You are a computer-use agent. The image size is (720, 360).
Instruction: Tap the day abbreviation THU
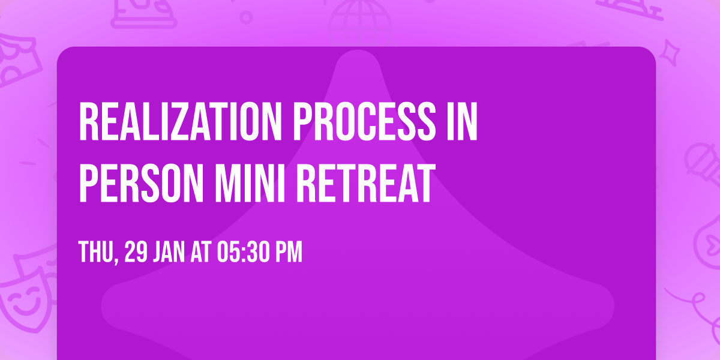(96, 253)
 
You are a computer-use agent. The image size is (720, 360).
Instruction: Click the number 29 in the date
(136, 253)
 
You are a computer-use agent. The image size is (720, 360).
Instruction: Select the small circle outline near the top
(246, 16)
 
